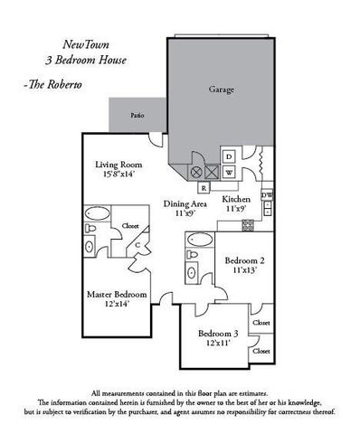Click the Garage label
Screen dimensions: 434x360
pyautogui.click(x=223, y=90)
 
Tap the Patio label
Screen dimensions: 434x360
pyautogui.click(x=137, y=116)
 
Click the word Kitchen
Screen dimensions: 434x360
pyautogui.click(x=236, y=198)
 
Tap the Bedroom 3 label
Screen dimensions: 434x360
pyautogui.click(x=221, y=333)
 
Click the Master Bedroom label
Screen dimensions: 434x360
pyautogui.click(x=117, y=295)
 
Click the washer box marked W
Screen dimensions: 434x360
pyautogui.click(x=229, y=172)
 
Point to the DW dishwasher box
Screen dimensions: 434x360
pyautogui.click(x=266, y=195)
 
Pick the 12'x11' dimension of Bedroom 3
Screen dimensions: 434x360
pyautogui.click(x=221, y=344)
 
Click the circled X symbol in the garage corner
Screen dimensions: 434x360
pyautogui.click(x=195, y=172)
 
